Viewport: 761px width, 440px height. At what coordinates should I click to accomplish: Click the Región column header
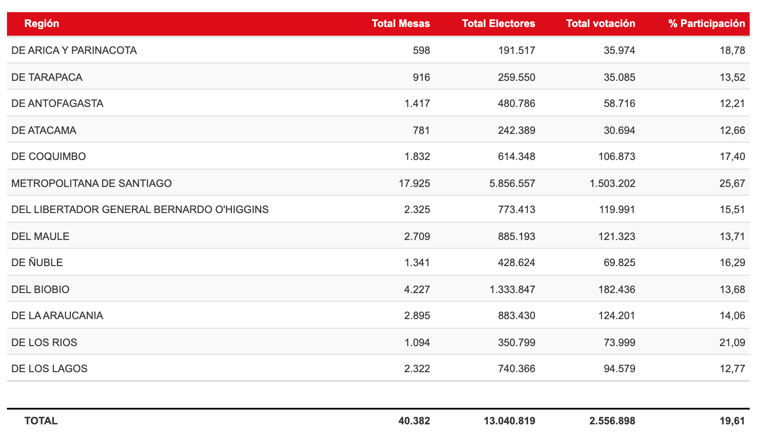point(42,23)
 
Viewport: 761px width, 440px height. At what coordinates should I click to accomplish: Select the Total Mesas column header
point(400,23)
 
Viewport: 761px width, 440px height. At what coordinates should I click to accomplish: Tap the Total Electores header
point(498,23)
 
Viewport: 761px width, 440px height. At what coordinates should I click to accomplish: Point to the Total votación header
point(600,23)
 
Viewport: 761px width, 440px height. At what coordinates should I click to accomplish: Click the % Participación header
point(707,23)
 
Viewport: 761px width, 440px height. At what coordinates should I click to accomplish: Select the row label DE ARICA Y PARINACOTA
point(74,50)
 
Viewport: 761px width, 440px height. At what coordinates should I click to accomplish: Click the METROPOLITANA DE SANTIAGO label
point(91,183)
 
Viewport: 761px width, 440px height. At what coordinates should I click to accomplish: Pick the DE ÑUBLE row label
point(37,263)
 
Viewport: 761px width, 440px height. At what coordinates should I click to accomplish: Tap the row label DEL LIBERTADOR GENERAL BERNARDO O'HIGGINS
point(140,210)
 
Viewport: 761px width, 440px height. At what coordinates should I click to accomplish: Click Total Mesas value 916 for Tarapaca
point(421,77)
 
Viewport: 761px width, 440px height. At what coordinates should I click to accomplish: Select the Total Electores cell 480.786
point(516,103)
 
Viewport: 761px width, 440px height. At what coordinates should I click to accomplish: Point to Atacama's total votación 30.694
point(619,130)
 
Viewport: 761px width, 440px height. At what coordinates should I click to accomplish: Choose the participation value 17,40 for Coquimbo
point(732,157)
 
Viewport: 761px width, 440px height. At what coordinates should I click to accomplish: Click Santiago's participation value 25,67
point(732,183)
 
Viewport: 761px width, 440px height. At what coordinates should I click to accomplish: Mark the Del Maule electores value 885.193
point(516,237)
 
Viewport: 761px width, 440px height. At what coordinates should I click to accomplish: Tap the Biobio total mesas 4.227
point(417,290)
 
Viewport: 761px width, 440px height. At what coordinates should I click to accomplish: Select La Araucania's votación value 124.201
point(617,316)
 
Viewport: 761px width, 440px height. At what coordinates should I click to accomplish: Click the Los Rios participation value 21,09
point(732,343)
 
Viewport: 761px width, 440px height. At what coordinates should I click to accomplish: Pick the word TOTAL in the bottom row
point(41,421)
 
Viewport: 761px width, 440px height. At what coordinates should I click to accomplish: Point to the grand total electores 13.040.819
point(509,421)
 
